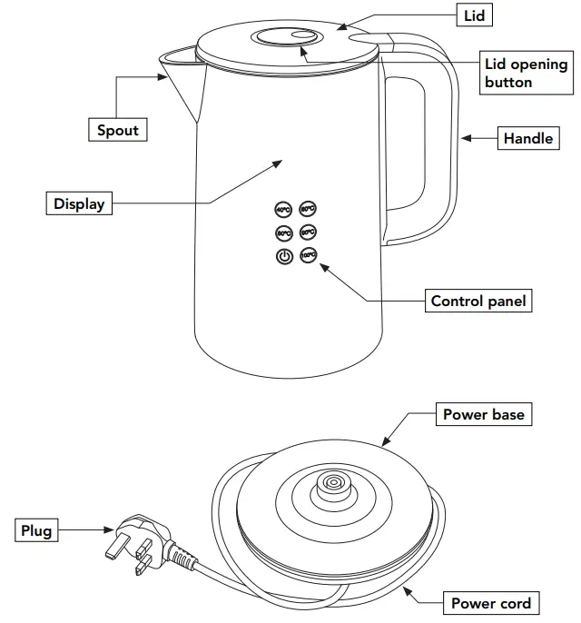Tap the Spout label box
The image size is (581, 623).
[118, 130]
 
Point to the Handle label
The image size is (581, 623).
[527, 138]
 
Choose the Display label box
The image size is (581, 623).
[78, 203]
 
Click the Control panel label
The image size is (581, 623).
[478, 301]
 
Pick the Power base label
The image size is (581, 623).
[483, 415]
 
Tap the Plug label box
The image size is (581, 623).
[37, 530]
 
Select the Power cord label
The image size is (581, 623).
[491, 603]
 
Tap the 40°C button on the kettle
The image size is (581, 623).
[283, 210]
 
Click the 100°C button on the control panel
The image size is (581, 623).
[308, 255]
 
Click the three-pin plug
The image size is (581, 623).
[136, 542]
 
